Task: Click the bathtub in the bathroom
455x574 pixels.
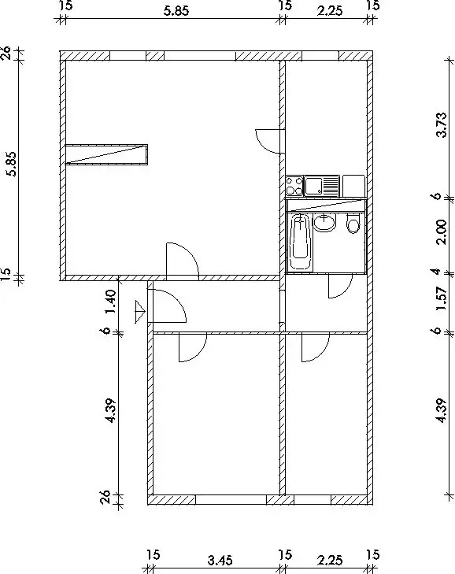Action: click(x=301, y=243)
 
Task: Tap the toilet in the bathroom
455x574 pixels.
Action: click(x=353, y=224)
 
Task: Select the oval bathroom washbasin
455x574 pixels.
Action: click(x=324, y=223)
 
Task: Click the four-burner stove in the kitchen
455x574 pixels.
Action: click(x=294, y=186)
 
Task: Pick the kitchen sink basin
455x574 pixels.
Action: click(x=313, y=186)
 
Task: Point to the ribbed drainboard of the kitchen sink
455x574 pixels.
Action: click(x=331, y=186)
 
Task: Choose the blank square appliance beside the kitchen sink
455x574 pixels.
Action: click(x=353, y=186)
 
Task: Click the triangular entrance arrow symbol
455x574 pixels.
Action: click(x=140, y=312)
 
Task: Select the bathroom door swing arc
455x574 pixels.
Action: click(x=341, y=286)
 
